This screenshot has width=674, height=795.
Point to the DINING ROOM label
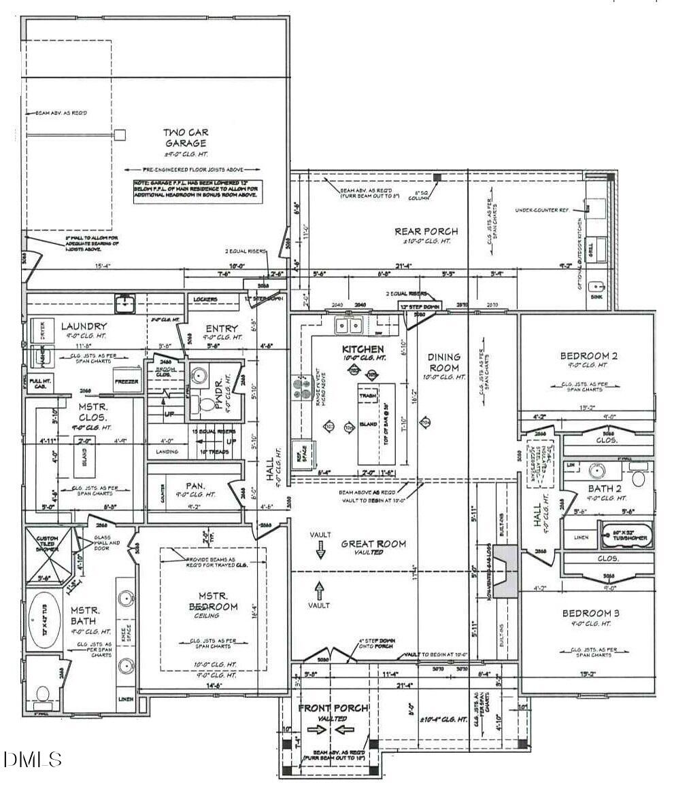(x=443, y=361)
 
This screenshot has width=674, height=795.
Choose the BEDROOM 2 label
(x=588, y=355)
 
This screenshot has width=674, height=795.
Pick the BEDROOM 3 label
(x=590, y=614)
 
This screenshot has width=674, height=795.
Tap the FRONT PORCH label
(x=333, y=708)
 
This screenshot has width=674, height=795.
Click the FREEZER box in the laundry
(x=127, y=381)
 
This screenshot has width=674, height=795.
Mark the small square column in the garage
(x=120, y=135)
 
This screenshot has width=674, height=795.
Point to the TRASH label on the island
(x=368, y=395)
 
